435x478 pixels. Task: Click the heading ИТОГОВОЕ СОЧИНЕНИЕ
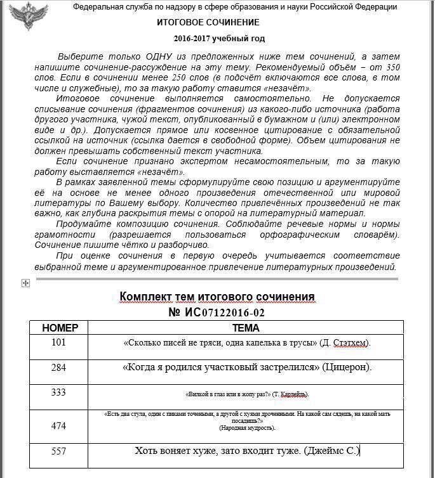(x=208, y=22)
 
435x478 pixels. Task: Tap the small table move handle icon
(x=25, y=283)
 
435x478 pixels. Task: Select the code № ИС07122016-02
(x=217, y=313)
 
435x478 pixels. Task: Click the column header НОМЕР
(x=60, y=328)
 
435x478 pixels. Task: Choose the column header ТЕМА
(x=246, y=328)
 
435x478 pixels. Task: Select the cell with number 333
(x=58, y=392)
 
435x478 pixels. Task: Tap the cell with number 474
(x=58, y=426)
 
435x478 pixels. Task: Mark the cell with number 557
(x=58, y=451)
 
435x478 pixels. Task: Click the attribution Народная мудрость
(x=247, y=428)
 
